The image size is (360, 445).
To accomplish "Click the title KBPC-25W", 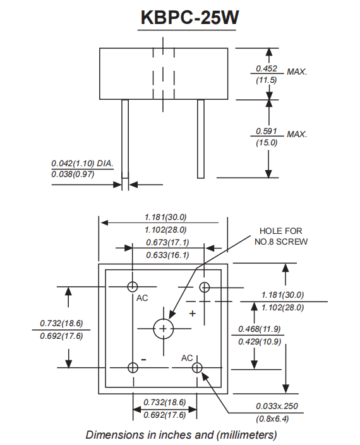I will click(189, 18).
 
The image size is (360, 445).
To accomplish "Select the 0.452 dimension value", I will click(267, 68).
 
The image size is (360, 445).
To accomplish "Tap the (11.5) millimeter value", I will click(267, 80).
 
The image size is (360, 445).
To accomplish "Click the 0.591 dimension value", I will click(267, 131).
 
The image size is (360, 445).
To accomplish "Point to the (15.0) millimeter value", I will click(267, 143).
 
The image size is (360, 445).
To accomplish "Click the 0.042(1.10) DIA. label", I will click(82, 163).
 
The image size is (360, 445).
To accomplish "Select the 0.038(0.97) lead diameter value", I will click(73, 174).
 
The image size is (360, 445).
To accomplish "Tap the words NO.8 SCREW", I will click(281, 241).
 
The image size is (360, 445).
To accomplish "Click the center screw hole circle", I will click(164, 328).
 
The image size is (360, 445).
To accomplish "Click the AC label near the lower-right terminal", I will click(187, 358).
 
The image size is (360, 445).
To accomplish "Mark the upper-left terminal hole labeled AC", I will click(133, 286).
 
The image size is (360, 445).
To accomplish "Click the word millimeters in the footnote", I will click(244, 435).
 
